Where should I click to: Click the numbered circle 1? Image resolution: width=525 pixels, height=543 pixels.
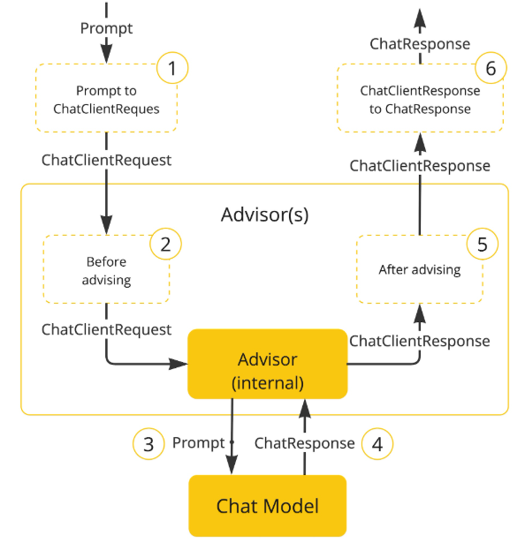(172, 68)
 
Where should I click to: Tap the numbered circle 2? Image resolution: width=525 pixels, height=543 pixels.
(165, 244)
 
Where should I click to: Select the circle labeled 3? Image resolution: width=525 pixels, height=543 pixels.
(148, 444)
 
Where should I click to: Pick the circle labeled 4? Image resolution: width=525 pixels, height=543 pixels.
(377, 444)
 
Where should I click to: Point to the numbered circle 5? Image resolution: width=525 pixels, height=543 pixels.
(483, 244)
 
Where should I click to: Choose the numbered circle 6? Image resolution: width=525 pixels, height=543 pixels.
(491, 68)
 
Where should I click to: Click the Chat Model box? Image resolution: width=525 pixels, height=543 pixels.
(267, 506)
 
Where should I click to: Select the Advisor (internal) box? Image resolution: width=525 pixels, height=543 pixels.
(267, 364)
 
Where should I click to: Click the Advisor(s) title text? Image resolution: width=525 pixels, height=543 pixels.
(264, 215)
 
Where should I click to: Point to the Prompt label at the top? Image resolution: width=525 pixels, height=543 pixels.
(106, 28)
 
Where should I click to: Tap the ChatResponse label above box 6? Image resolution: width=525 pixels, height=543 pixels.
(420, 44)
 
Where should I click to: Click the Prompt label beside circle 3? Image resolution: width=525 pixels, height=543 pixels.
(199, 443)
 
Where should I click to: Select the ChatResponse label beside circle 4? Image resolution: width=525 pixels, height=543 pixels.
(304, 443)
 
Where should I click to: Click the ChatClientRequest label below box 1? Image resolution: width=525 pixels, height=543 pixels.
(106, 161)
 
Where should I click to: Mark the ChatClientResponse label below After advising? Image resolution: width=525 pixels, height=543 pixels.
(420, 341)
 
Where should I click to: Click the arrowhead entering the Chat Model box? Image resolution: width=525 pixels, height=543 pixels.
(232, 464)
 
